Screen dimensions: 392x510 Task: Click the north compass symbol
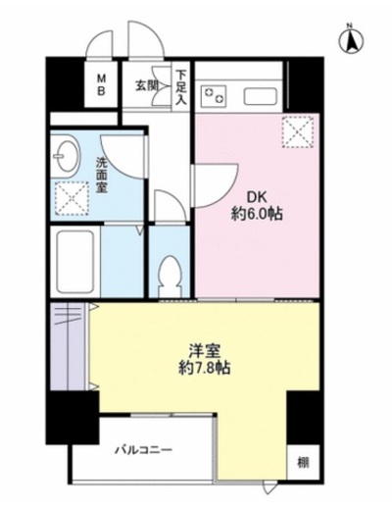tap(351, 40)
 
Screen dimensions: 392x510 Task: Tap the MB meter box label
tap(102, 84)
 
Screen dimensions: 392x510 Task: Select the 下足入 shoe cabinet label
tap(181, 87)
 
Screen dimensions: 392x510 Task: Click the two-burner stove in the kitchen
tap(214, 94)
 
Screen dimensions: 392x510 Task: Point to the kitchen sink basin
tap(261, 96)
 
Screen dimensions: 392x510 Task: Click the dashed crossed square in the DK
tap(298, 132)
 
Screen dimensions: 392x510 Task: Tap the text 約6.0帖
tap(257, 215)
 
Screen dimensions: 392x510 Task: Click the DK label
tap(257, 197)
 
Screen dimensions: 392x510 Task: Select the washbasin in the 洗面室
tap(66, 155)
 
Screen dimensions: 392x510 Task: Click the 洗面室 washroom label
tap(102, 176)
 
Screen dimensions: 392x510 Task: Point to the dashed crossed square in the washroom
tap(72, 198)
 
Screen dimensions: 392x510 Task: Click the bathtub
tap(75, 262)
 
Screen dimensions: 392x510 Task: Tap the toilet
tap(170, 275)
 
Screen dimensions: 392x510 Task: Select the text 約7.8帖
tap(205, 369)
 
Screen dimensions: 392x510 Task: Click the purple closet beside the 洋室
tap(68, 346)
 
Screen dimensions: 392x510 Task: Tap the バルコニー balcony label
tap(143, 450)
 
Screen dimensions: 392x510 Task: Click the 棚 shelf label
tap(303, 463)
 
